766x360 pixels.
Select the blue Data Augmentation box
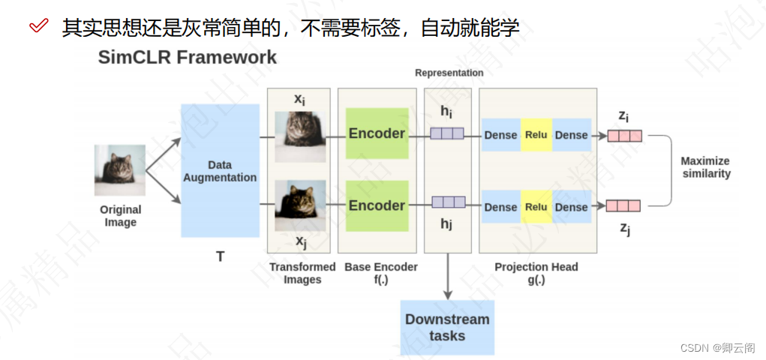coord(220,171)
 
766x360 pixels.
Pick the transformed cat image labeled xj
coord(300,205)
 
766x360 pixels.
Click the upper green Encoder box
coord(377,133)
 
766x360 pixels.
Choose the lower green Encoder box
coord(377,205)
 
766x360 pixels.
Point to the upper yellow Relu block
coord(536,135)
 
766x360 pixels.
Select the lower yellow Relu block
coord(536,207)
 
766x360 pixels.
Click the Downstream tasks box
coord(447,327)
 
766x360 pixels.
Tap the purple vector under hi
coord(447,133)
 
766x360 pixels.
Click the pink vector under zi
coord(624,136)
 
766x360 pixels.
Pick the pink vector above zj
coord(623,205)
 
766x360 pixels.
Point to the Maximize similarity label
coord(704,167)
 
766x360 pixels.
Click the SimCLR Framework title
coord(187,58)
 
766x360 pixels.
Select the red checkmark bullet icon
coord(39,27)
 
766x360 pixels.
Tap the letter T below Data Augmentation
coord(220,256)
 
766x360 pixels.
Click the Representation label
coord(449,73)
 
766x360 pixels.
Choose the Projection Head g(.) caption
coord(536,273)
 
